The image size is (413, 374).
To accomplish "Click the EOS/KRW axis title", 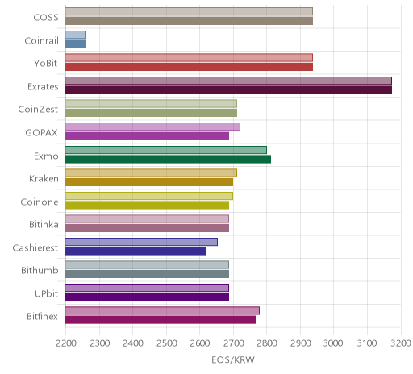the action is (233, 359).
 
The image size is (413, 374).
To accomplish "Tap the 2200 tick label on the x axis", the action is (66, 343).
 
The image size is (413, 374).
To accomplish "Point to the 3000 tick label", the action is (333, 343).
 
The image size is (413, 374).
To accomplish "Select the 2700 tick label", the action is (233, 343).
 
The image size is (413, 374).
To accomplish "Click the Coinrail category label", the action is (41, 40).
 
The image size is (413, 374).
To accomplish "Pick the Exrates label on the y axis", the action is (43, 86).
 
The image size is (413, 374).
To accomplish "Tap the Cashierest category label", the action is (35, 247).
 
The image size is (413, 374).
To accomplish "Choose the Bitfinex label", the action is (42, 316).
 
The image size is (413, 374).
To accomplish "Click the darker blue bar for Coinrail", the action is (76, 44).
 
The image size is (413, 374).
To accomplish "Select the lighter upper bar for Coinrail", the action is (76, 35).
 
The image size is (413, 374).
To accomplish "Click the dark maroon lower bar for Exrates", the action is (228, 89).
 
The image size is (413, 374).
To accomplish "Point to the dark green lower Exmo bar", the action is (169, 159).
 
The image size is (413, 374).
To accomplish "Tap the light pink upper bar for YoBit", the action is (189, 57).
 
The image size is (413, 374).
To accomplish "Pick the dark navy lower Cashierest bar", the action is (136, 251).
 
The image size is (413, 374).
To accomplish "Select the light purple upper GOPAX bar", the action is (152, 127).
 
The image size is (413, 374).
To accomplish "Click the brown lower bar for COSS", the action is (189, 21).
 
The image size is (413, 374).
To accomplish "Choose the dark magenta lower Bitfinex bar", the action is (161, 320).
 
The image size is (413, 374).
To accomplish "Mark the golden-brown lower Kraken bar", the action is (149, 182).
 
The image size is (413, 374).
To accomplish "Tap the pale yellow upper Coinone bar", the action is (149, 196).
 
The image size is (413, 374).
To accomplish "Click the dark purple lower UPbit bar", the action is (148, 297).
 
